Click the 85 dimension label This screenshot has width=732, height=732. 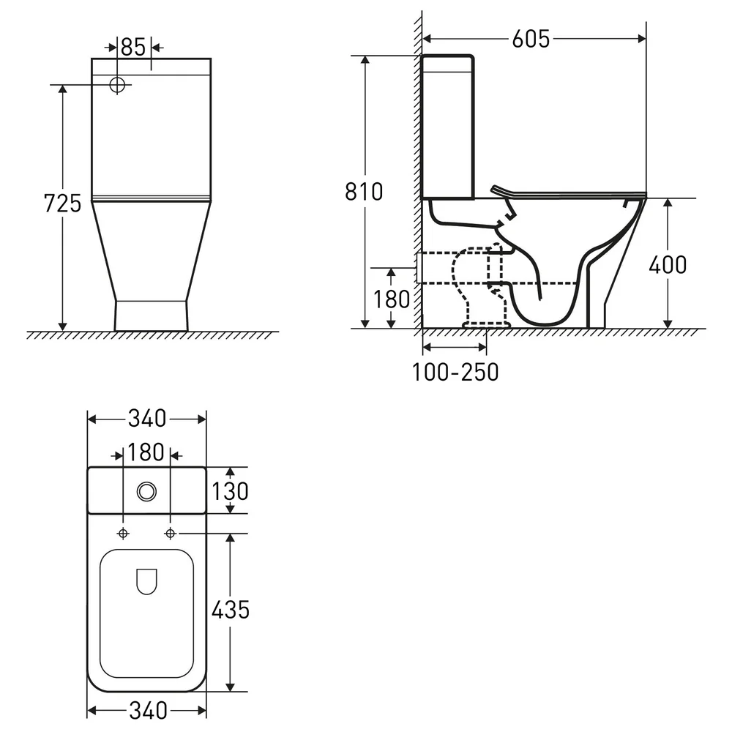click(133, 47)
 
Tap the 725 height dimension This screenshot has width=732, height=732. click(62, 203)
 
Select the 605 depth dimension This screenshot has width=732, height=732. click(531, 40)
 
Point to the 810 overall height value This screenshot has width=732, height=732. click(364, 192)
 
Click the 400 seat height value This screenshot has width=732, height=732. click(668, 265)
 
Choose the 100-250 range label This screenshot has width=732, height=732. click(455, 372)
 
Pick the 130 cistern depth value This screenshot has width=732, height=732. click(230, 491)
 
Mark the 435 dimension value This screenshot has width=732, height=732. click(231, 610)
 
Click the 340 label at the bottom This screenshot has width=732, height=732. click(148, 711)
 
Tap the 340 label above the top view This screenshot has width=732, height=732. click(147, 419)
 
